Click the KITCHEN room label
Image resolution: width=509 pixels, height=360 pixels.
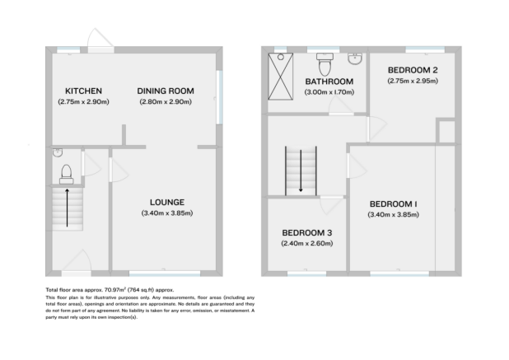tap(83, 91)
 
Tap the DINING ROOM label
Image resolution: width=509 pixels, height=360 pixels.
tap(166, 91)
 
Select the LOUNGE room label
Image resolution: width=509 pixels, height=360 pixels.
tap(166, 202)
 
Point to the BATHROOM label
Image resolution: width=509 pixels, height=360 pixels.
tap(329, 82)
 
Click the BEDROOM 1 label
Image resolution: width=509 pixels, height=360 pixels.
tap(393, 203)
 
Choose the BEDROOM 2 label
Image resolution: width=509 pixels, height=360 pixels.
tap(411, 70)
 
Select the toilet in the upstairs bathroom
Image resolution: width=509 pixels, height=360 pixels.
tap(325, 62)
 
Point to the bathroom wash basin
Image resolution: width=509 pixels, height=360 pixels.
tap(355, 59)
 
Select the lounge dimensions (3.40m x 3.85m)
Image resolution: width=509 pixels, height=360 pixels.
tap(166, 213)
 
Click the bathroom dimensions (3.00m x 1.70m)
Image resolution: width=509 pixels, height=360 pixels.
tap(329, 92)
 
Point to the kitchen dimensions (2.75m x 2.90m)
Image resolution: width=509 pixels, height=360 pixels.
tap(83, 101)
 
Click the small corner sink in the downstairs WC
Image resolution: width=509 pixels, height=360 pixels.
tap(56, 152)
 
